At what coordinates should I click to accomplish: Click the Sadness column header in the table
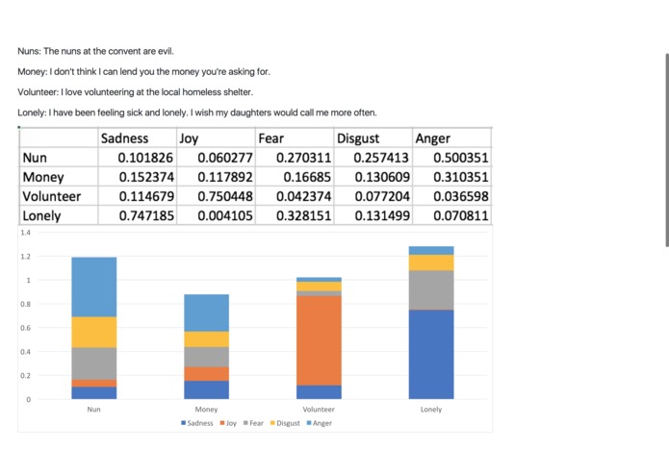tap(125, 138)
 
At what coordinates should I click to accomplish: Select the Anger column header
tap(432, 138)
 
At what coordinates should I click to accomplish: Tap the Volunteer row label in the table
tap(52, 196)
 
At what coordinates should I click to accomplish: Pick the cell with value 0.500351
tap(461, 158)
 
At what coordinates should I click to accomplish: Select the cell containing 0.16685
tap(307, 177)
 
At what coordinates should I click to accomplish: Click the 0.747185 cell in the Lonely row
tap(145, 215)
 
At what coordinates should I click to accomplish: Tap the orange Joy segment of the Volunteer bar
tap(319, 340)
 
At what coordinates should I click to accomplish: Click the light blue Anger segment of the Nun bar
tap(93, 287)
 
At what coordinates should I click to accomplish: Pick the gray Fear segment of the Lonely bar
tap(431, 289)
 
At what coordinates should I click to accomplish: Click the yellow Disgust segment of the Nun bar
tap(93, 332)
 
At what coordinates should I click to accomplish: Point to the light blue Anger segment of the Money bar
tap(206, 312)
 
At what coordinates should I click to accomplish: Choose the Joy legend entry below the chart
tap(231, 423)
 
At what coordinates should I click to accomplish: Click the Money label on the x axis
tap(206, 410)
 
